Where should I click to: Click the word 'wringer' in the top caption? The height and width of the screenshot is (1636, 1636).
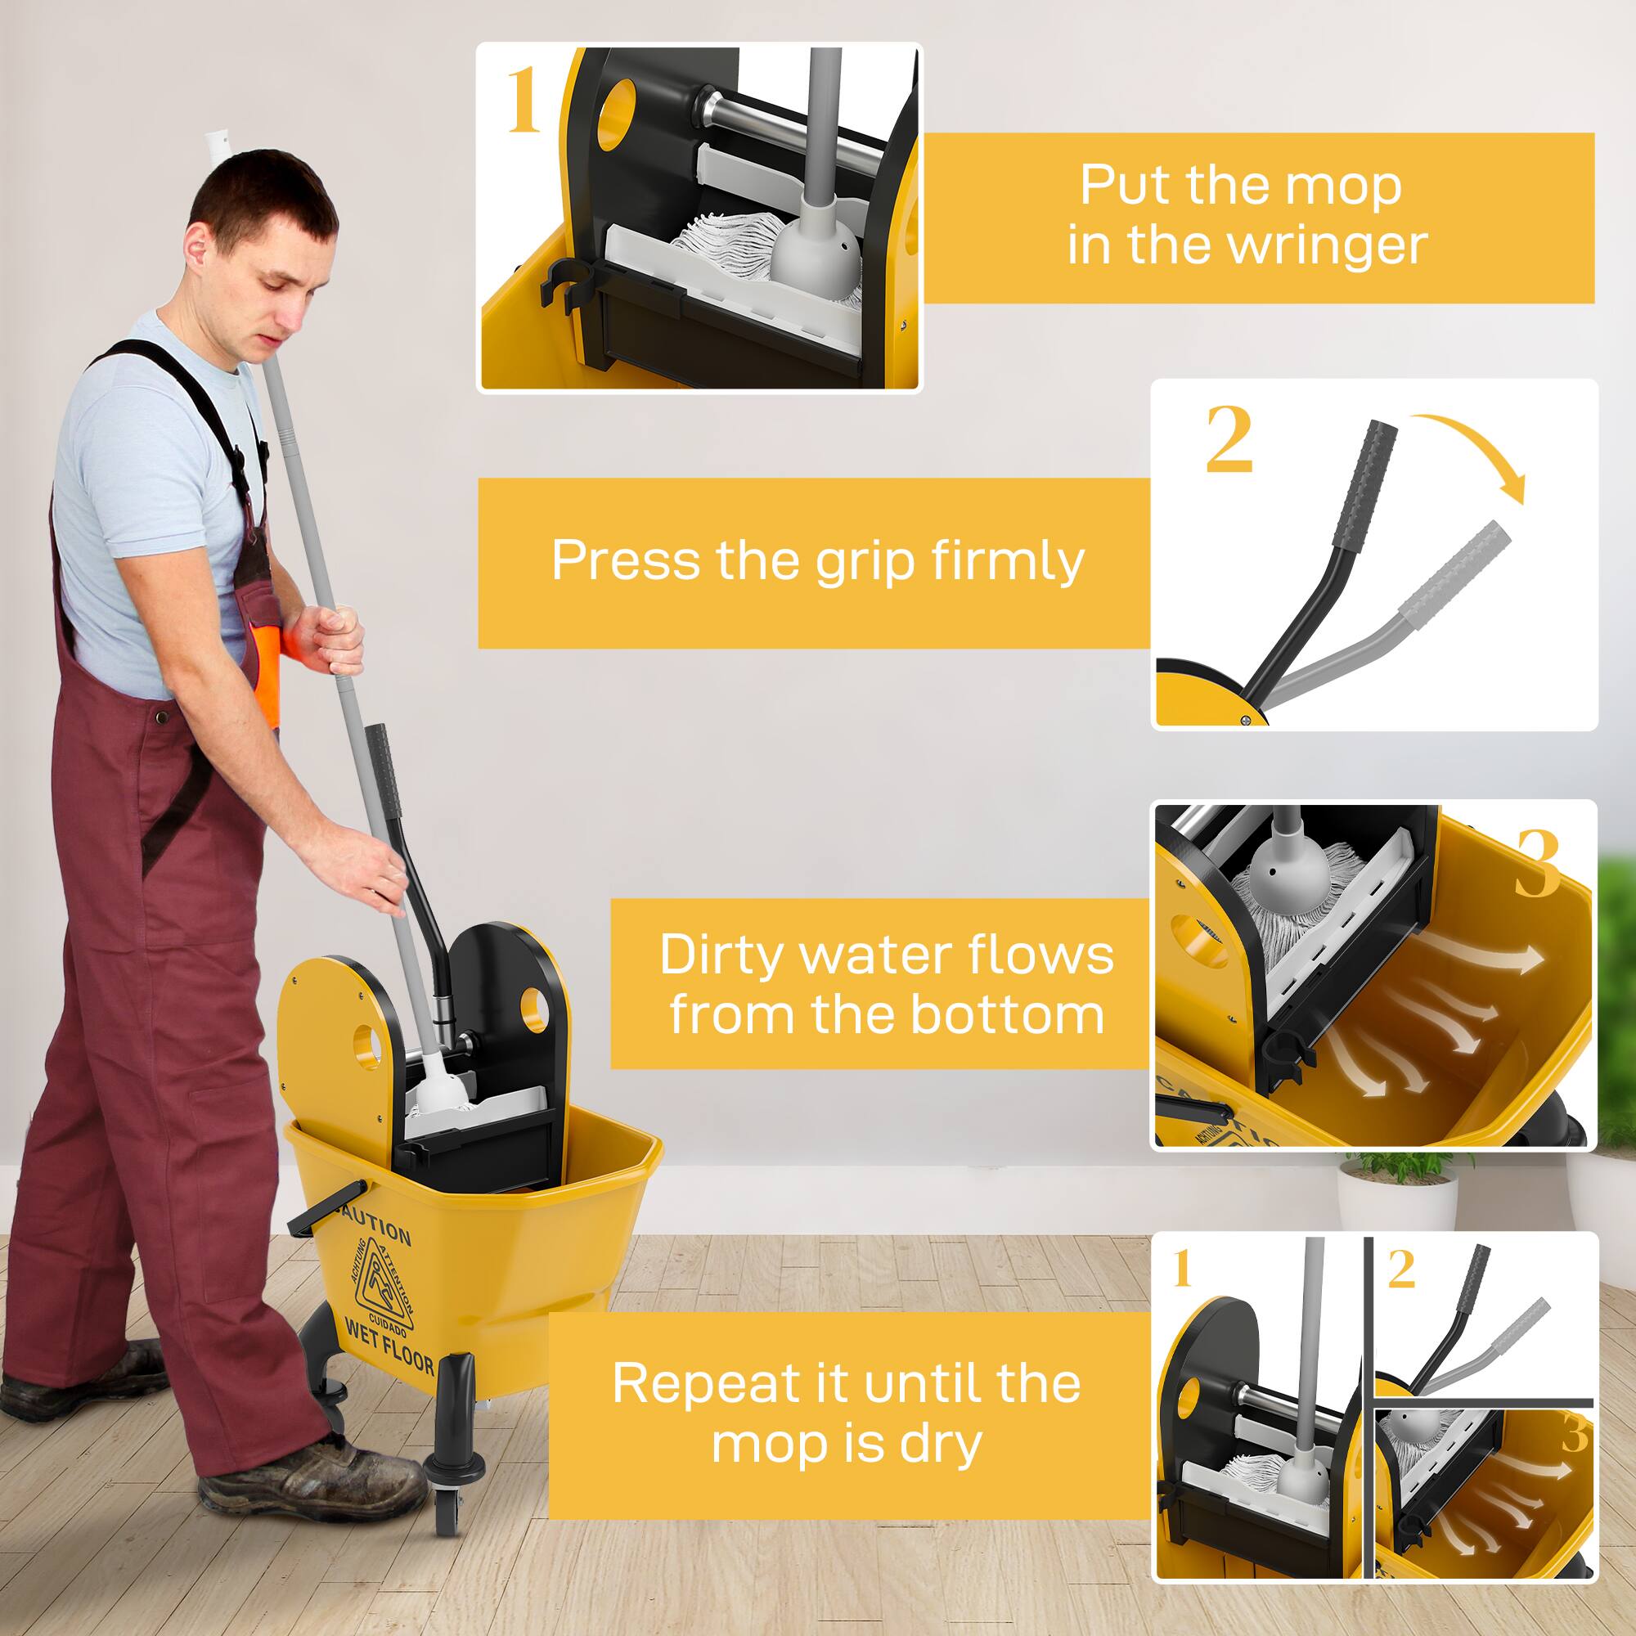coord(1327,245)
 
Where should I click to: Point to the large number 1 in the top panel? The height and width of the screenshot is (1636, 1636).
coord(523,102)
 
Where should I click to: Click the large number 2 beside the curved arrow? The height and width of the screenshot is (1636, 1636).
coord(1228,439)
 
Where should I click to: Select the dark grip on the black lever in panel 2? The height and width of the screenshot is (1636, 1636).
coord(1365,486)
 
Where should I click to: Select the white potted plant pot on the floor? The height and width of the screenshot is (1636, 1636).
coord(1397,1198)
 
